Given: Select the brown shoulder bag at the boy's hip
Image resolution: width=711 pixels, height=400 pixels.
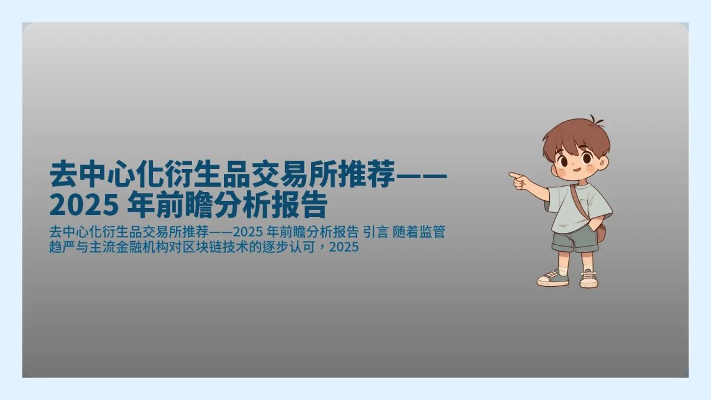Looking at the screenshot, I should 601,232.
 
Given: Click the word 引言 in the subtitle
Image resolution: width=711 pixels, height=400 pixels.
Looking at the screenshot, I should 374,232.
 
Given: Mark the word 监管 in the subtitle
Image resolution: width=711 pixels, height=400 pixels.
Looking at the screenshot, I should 432,232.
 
